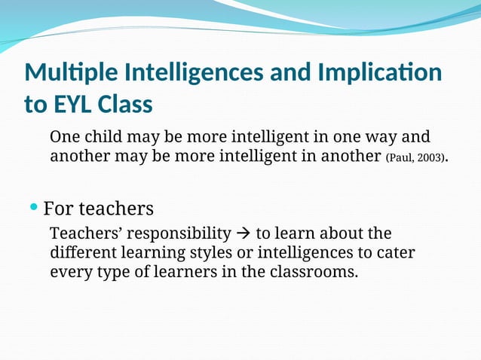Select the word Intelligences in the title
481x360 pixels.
point(181,73)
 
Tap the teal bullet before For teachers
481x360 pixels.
point(34,206)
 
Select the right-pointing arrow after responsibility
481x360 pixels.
point(244,233)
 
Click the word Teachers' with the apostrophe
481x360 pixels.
point(82,233)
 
